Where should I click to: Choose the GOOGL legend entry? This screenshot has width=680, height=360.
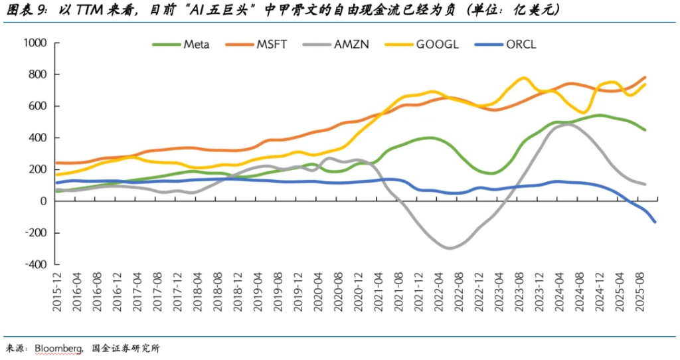[x=437, y=45]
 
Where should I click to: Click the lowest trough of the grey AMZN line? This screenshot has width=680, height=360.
[x=450, y=248]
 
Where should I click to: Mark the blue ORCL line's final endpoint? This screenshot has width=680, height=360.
[x=655, y=222]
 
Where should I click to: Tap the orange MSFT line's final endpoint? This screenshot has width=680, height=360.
[x=645, y=77]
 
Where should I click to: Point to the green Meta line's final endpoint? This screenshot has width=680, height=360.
[x=645, y=130]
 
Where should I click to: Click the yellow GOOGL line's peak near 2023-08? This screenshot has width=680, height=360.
[x=523, y=78]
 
